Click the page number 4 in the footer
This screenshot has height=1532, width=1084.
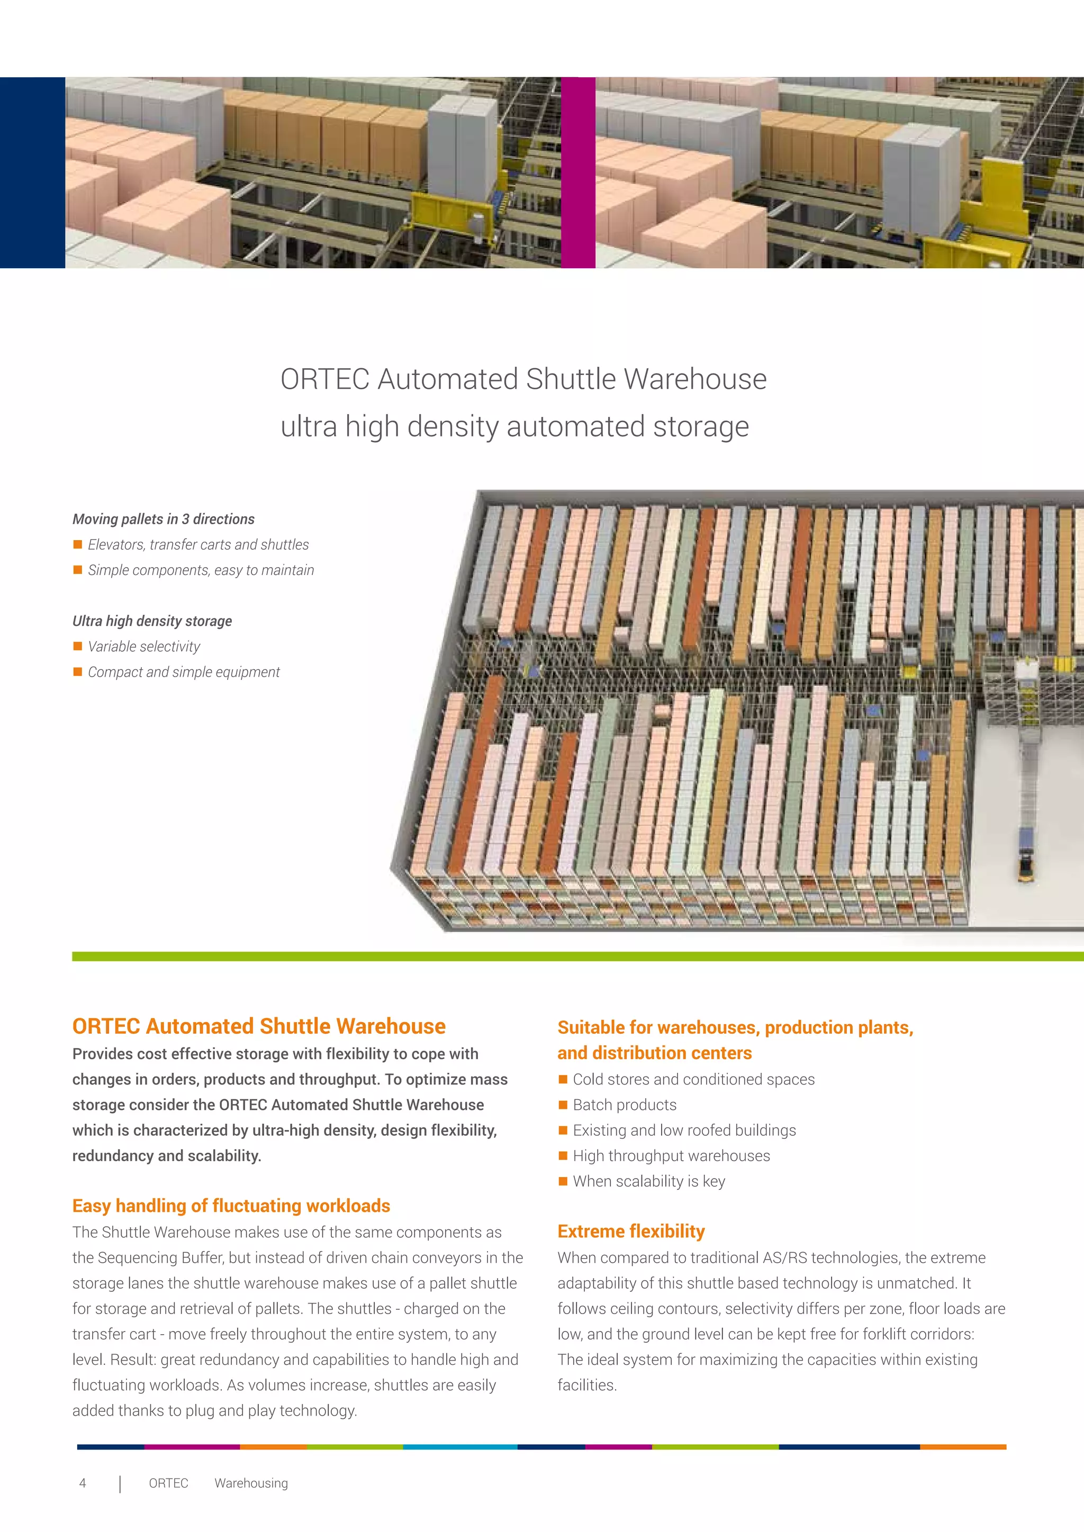pos(83,1483)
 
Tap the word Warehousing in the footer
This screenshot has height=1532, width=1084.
pos(251,1483)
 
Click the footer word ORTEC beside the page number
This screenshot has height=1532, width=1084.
pos(168,1483)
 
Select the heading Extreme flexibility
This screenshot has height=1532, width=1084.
pos(631,1231)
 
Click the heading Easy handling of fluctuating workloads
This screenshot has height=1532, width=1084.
pos(231,1206)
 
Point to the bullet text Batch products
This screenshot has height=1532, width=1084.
pos(624,1105)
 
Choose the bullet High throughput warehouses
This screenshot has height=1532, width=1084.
pos(671,1156)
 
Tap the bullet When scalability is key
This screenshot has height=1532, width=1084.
pos(649,1181)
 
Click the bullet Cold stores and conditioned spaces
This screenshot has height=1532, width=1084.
pos(693,1080)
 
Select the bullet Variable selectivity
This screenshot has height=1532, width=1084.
pos(143,646)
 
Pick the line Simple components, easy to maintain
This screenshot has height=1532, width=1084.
pos(200,570)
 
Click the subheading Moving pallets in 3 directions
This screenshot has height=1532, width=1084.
pos(164,519)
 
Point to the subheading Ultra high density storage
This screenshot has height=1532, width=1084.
pos(152,621)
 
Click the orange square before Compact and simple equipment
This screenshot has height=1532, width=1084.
pos(77,672)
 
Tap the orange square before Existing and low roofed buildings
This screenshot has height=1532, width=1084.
pos(563,1130)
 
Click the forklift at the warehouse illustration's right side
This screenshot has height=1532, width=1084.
pos(1025,866)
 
